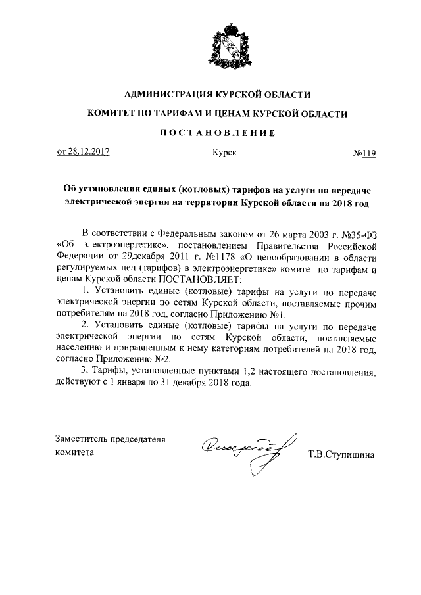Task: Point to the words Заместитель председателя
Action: [110, 440]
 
